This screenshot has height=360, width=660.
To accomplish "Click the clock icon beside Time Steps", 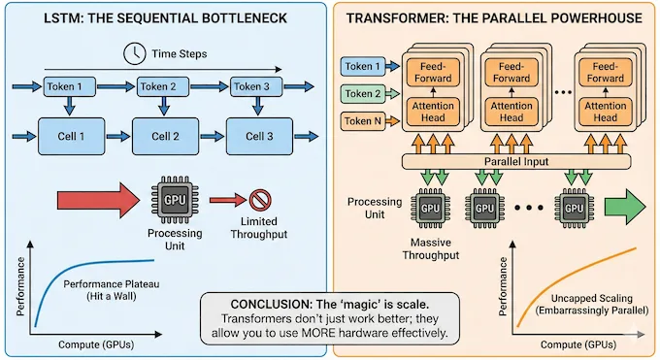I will [x=130, y=53].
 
